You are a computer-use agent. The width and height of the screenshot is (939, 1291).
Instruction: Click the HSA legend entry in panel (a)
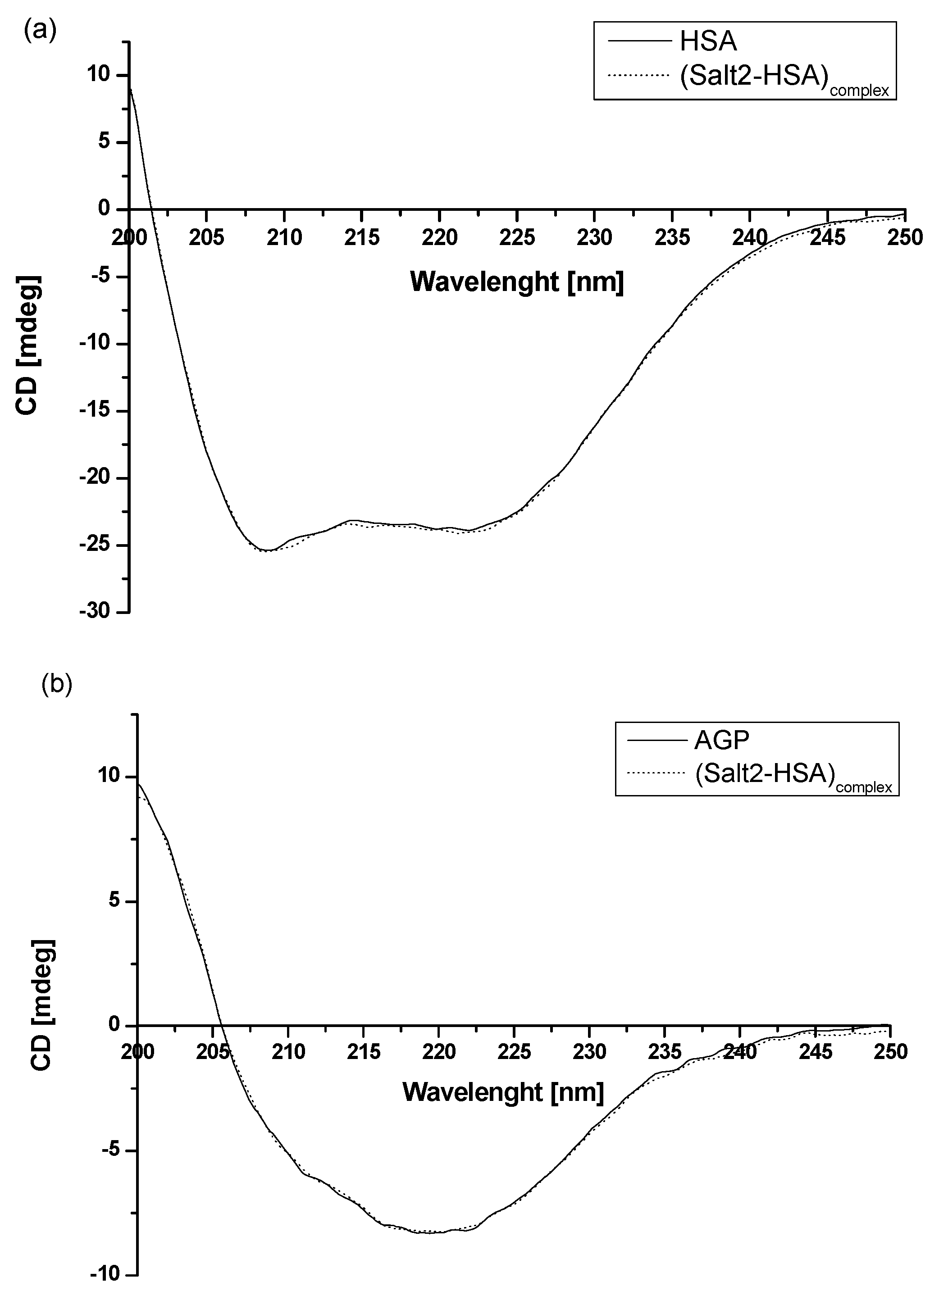click(x=708, y=41)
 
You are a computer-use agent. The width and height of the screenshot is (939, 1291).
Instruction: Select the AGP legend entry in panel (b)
click(x=721, y=741)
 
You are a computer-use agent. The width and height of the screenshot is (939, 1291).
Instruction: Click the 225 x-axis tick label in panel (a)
click(x=516, y=237)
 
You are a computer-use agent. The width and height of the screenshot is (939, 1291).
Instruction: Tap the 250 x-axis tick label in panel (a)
click(x=904, y=237)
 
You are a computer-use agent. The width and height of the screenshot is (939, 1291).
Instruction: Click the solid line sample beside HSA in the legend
click(x=638, y=41)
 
